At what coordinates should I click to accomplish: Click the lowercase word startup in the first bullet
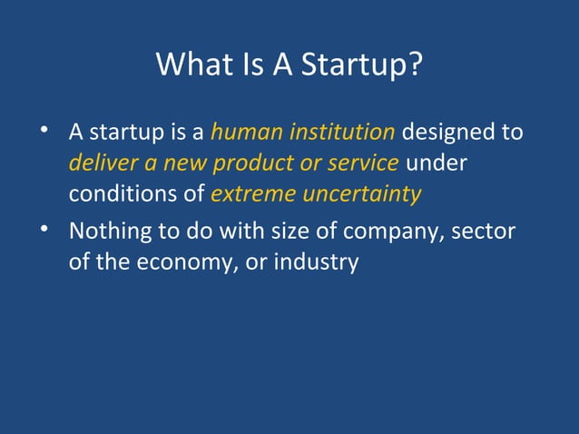point(123,133)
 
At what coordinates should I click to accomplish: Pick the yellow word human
point(246,133)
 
